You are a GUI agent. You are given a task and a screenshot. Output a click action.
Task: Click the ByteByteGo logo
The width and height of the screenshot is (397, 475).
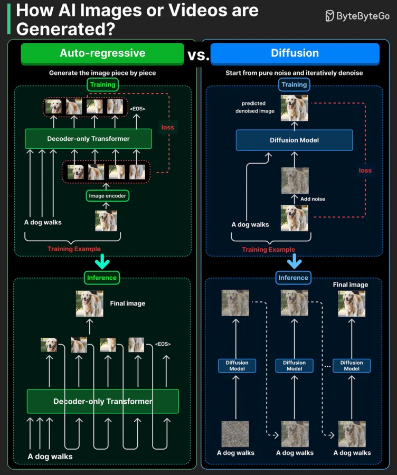coord(357,16)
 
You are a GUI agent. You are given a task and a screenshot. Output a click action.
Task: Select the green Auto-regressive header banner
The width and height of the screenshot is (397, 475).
coord(102,54)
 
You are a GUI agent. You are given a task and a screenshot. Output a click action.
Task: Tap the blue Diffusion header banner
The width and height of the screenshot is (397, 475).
coord(295,54)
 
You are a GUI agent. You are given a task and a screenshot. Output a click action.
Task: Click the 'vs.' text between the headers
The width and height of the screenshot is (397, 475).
coord(198,55)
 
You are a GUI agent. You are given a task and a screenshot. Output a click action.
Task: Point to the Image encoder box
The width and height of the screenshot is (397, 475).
coord(108,196)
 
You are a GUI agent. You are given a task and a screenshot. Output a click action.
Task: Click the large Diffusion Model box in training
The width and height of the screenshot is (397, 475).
coord(294,140)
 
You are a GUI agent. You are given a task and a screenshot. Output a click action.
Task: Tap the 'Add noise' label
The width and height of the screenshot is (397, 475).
coord(313,199)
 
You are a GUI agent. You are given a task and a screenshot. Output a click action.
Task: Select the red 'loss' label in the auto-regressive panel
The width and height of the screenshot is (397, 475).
coord(167,128)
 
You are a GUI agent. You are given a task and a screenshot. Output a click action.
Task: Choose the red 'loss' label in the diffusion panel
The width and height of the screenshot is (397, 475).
coord(365,170)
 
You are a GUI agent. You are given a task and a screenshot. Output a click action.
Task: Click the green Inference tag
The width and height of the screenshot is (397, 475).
coord(102,278)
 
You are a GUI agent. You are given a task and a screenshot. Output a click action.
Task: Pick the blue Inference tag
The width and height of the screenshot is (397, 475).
coord(294,278)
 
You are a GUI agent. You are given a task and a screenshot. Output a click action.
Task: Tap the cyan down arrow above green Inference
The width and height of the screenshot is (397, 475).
coord(102,261)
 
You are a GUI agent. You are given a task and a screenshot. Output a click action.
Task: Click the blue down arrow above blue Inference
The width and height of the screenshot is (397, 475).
coord(294,261)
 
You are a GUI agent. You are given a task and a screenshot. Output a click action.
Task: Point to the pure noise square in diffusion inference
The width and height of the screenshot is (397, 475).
coord(235,434)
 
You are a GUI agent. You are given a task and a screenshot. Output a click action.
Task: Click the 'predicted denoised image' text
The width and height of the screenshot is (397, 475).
coord(255,107)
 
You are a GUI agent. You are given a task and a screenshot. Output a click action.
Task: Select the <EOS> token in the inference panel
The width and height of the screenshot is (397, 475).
coord(163,344)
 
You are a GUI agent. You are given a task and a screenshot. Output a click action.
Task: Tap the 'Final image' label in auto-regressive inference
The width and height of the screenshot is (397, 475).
coord(128,303)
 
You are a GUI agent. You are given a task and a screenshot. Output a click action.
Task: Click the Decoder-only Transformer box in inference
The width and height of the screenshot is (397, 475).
coord(103,402)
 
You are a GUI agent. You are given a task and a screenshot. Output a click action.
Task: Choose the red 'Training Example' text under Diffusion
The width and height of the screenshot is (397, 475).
coord(269,250)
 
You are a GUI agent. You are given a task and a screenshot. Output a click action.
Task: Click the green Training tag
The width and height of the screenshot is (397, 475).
coord(103,84)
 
